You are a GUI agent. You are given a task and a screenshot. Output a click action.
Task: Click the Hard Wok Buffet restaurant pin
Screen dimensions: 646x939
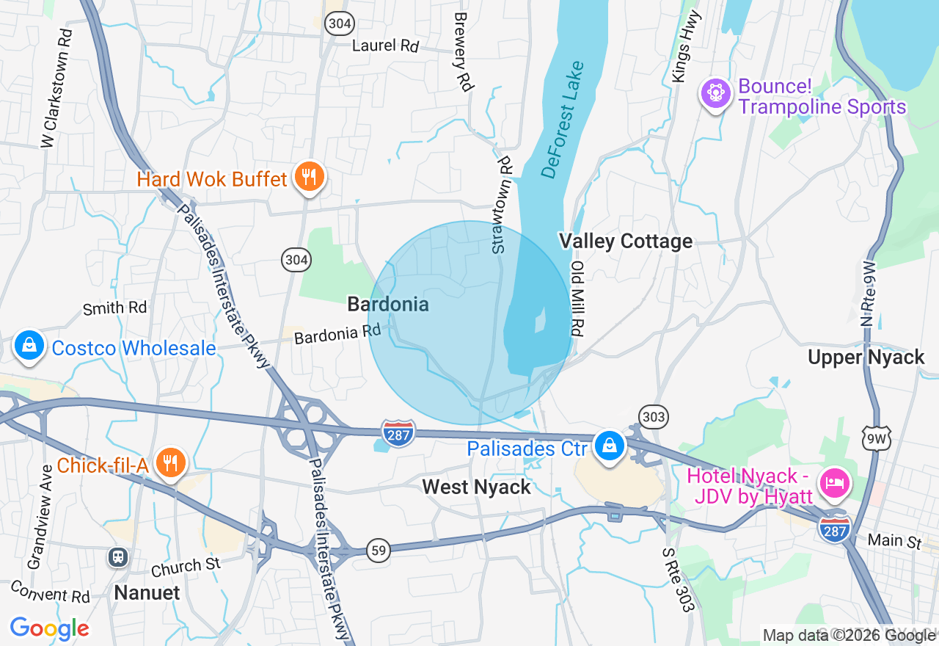point(310,178)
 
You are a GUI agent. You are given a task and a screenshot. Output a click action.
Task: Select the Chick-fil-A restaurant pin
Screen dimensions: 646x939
point(170,463)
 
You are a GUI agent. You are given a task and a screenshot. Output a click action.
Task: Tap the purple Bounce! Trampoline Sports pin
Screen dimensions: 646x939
point(716,94)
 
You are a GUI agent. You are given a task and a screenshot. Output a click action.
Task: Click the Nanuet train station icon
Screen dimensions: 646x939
point(118,557)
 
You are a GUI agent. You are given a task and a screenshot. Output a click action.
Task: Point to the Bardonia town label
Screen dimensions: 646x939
point(388,304)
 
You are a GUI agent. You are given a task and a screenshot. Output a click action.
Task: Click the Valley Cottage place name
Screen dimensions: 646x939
point(625,241)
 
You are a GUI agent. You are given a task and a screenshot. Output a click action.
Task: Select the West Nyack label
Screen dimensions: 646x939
point(477,487)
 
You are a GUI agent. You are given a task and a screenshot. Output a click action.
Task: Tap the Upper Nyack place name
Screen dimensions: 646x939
point(866,357)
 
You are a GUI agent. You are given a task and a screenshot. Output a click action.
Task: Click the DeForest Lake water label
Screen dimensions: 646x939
point(563,121)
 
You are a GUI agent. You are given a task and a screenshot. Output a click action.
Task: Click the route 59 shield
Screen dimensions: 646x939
point(378,551)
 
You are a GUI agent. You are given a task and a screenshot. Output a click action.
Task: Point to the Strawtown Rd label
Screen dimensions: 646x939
point(502,205)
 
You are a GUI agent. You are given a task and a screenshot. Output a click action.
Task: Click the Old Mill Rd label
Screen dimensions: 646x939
point(577,298)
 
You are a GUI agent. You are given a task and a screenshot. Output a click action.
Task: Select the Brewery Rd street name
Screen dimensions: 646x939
point(461,51)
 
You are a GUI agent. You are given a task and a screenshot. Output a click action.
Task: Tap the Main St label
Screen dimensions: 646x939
point(894,541)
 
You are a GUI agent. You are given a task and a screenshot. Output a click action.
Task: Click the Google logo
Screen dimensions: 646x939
point(49,629)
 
